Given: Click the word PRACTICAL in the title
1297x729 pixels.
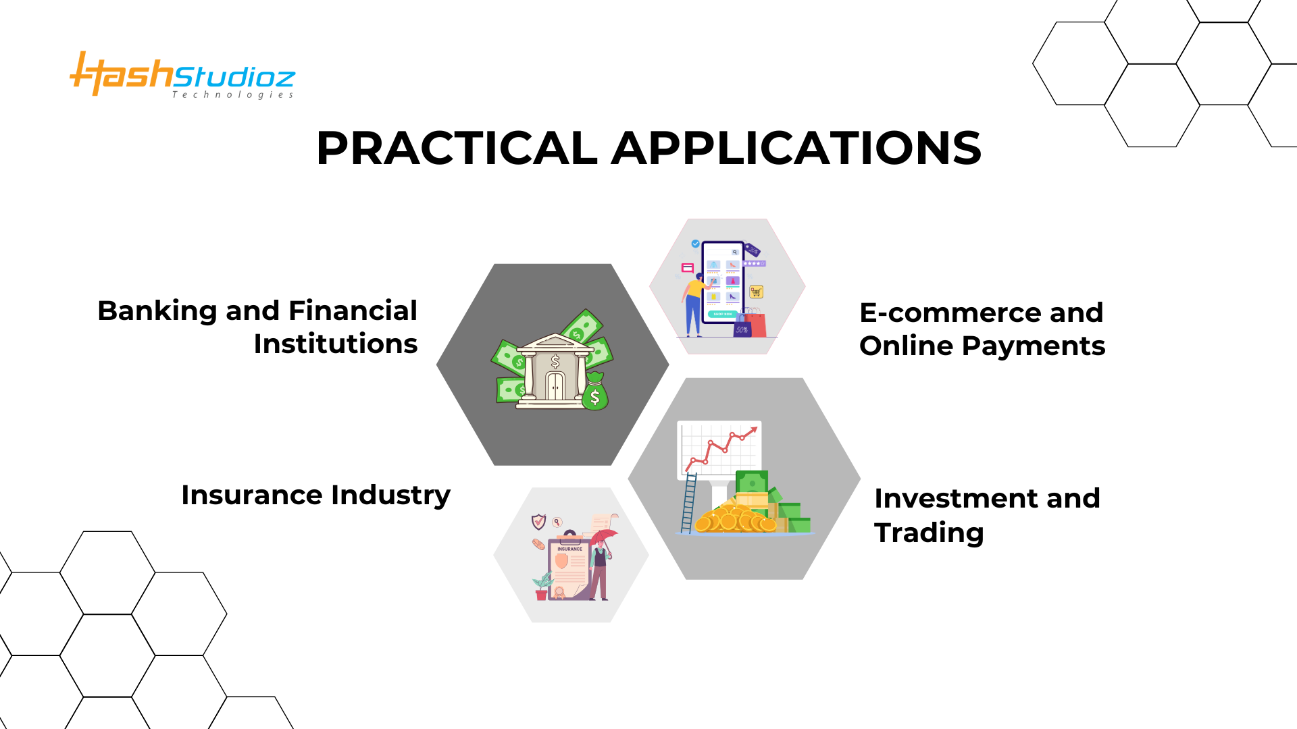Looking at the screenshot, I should [457, 148].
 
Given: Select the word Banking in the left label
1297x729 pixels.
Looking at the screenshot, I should [157, 311].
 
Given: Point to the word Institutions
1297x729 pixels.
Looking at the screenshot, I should [336, 344].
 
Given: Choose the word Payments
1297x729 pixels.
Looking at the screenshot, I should [1033, 346].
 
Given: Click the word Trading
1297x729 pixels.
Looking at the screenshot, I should [929, 533].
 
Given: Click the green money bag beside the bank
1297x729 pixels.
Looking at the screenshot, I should [594, 393].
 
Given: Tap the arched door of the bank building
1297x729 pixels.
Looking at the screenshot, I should [555, 387].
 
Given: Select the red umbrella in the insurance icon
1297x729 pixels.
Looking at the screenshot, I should [604, 537].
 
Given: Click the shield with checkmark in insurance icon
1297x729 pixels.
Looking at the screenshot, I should [538, 521].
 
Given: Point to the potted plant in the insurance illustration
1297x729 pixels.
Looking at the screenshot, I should [542, 586].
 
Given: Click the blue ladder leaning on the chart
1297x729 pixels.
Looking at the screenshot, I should [688, 503].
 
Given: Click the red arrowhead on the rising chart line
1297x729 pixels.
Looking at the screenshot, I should [753, 431].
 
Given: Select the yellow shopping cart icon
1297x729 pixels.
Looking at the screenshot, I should [756, 292].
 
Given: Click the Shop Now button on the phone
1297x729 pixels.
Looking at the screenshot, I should [722, 315].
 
